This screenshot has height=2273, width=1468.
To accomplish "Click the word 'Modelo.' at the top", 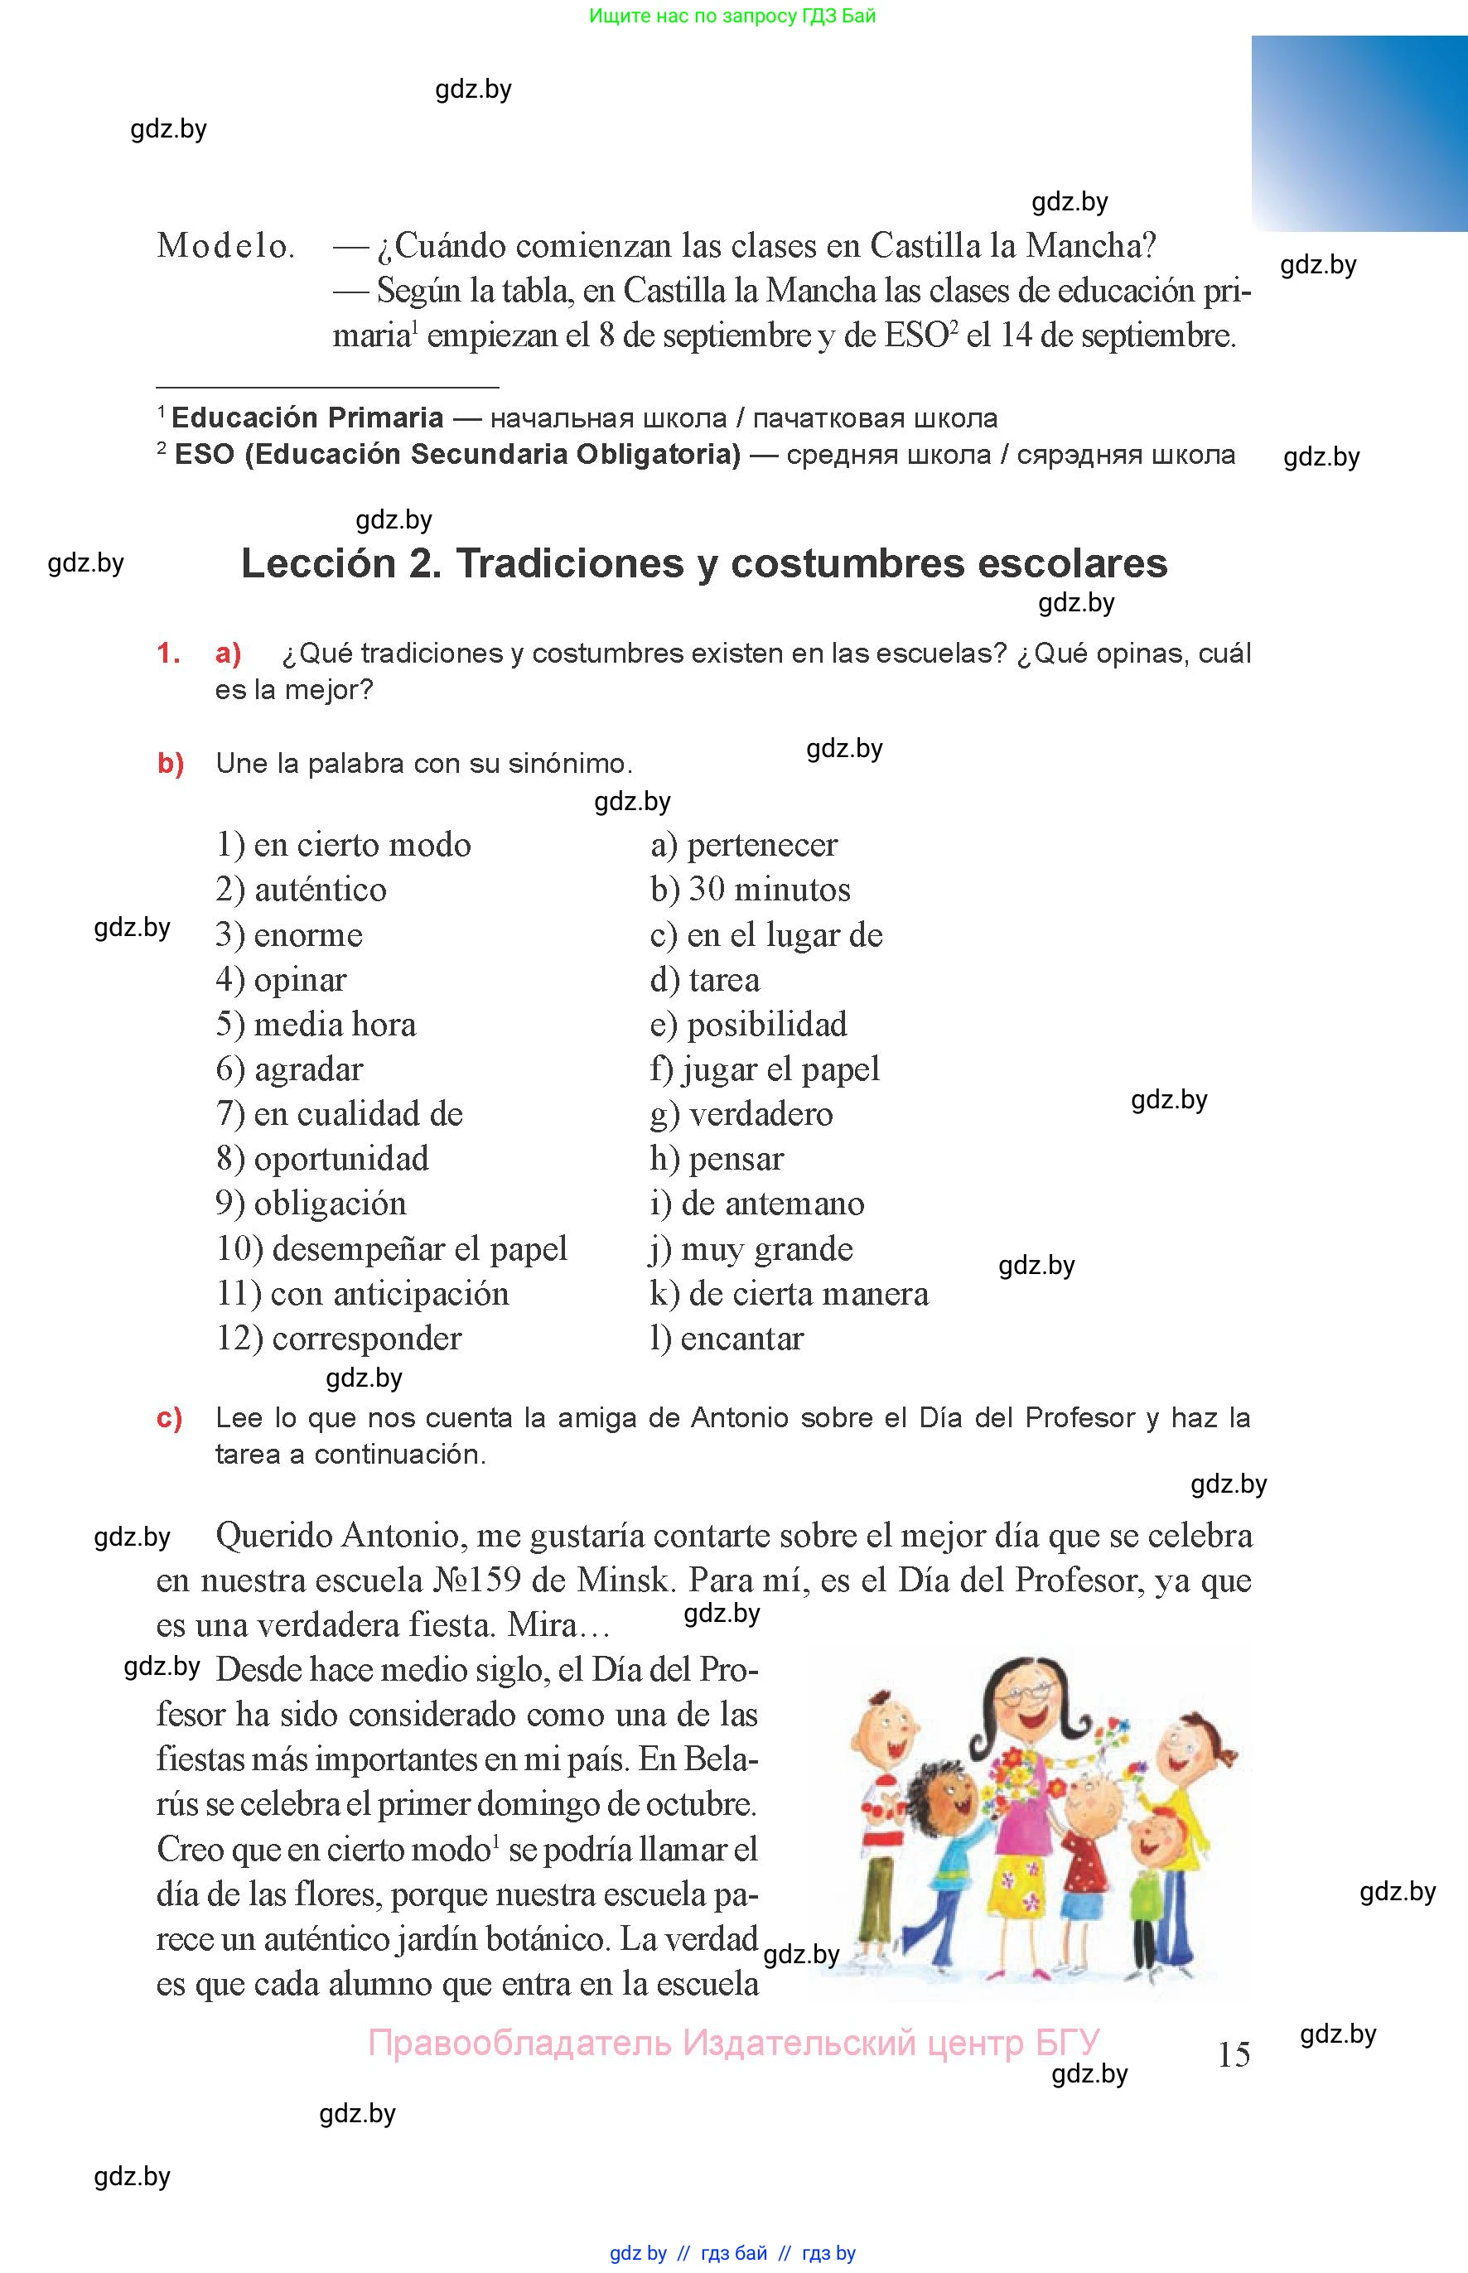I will point(226,246).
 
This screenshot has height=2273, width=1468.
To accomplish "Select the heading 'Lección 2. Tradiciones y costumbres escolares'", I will point(703,563).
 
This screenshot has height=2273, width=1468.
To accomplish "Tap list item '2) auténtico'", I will point(302,889).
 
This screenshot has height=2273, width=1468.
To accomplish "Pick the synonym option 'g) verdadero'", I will point(741,1113).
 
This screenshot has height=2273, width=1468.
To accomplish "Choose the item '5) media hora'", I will point(316,1025).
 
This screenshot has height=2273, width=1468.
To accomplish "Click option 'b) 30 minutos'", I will point(751,889).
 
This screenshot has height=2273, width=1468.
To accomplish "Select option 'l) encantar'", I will point(727,1338).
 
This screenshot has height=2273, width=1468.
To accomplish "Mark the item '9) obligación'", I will point(311,1203).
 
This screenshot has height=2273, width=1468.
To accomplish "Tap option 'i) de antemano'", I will point(757,1203).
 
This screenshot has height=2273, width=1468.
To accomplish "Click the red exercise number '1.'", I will point(169,653).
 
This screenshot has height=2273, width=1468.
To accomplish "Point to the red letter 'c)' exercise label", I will point(170,1418).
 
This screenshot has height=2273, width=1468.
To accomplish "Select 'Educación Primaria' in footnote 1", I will point(307,417).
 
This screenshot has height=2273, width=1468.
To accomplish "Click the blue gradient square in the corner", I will point(1359,133).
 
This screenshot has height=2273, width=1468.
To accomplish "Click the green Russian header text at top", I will point(732,15).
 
